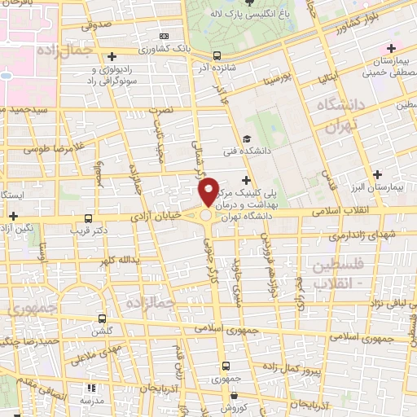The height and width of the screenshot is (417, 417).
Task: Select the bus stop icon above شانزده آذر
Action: [216, 56]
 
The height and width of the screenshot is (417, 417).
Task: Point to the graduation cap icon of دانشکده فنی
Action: [247, 139]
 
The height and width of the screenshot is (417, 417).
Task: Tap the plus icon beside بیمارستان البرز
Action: [377, 173]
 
